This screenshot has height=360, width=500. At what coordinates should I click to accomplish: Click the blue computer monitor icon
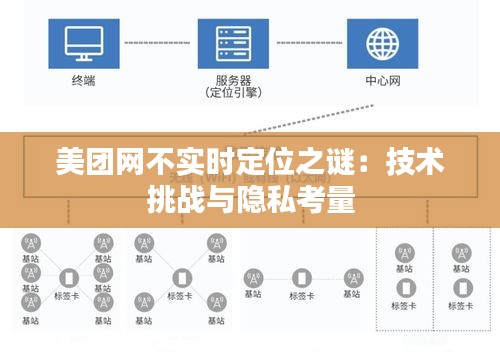(84, 42)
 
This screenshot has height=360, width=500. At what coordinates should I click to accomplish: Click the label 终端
(84, 79)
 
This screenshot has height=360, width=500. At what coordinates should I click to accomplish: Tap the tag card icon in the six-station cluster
(69, 279)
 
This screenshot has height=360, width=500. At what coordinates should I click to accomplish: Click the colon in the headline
(374, 164)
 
